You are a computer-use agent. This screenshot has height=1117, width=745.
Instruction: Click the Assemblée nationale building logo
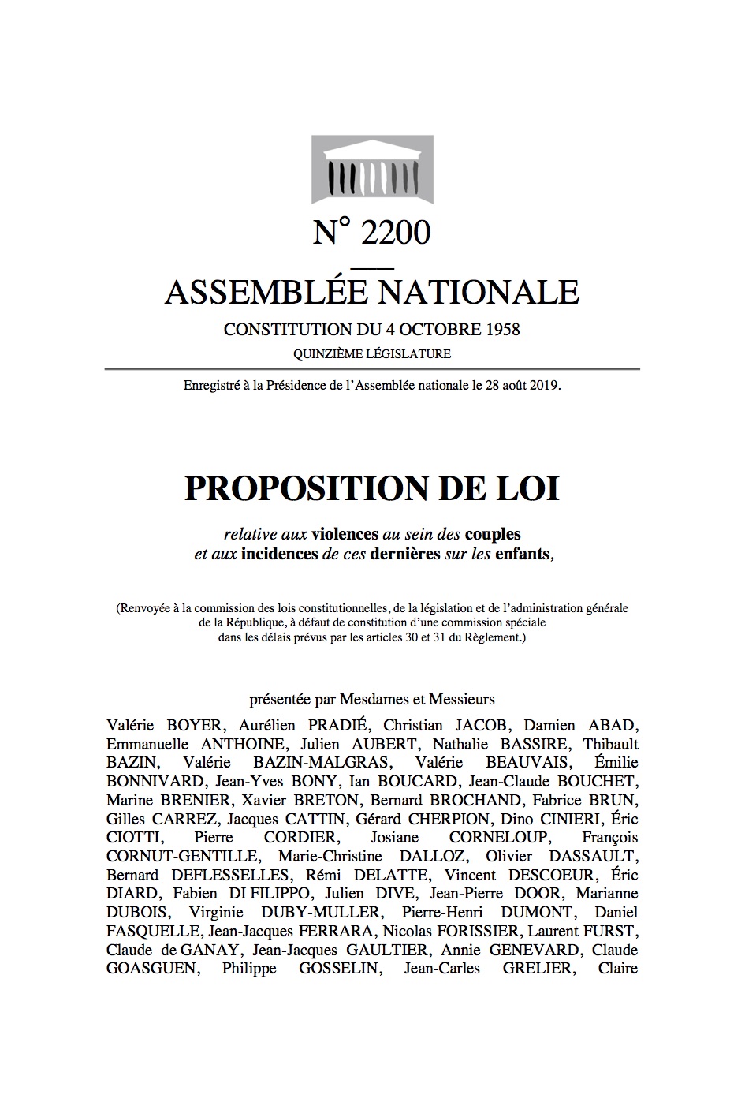click(372, 168)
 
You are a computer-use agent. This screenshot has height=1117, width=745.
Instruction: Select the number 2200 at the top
click(396, 233)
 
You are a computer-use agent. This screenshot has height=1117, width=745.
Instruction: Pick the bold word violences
click(345, 534)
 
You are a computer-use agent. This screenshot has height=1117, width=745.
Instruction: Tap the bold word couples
click(493, 534)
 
